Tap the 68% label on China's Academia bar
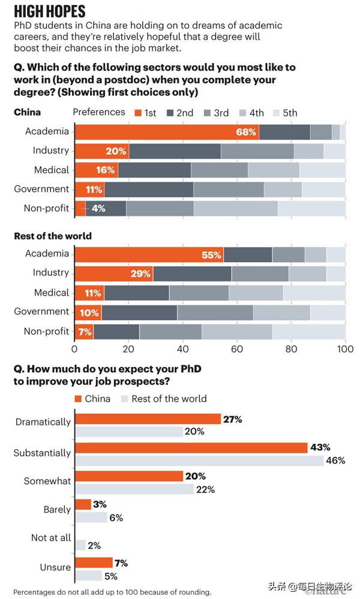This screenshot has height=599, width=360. [x=246, y=132]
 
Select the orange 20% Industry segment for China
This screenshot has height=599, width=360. [x=101, y=151]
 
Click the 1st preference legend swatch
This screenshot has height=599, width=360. [x=139, y=113]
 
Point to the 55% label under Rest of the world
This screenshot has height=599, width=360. [x=211, y=255]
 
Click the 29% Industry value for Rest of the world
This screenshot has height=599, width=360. [x=140, y=274]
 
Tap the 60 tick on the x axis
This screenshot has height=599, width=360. [x=237, y=348]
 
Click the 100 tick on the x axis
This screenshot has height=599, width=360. [x=344, y=348]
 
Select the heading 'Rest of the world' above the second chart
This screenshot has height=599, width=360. [x=53, y=236]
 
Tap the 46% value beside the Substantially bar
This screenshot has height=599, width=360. [x=335, y=460]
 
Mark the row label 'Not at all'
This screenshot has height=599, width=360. [x=51, y=538]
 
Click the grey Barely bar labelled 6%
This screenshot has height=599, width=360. [x=91, y=517]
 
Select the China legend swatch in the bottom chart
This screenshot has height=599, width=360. [x=78, y=399]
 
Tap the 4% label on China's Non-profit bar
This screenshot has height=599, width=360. [x=98, y=209]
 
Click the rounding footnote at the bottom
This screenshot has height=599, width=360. [x=112, y=592]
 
